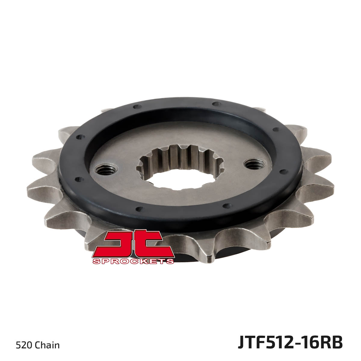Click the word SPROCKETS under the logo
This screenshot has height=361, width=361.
[133, 261]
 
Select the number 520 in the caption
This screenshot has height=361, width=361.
[24, 345]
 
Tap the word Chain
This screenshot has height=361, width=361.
[47, 345]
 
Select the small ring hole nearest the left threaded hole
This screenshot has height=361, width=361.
[79, 179]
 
